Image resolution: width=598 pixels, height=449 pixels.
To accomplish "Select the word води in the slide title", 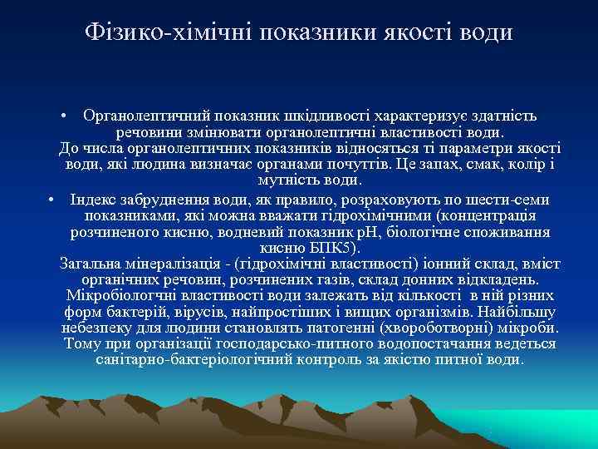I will point(486,32).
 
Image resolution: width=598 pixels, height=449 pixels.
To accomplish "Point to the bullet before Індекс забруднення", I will point(51,200).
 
